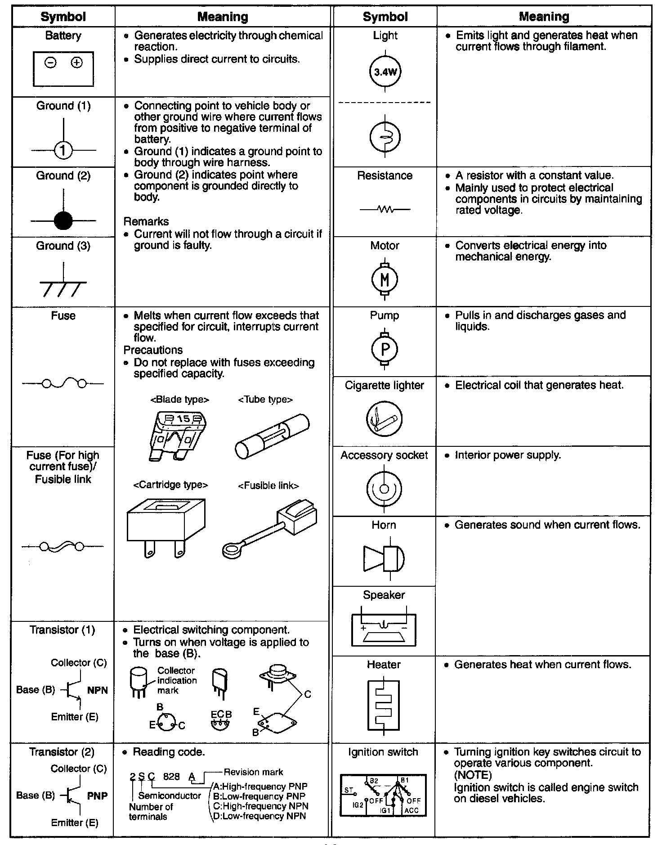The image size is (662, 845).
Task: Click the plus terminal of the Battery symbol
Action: (x=77, y=63)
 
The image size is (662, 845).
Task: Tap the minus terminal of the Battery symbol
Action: (x=50, y=63)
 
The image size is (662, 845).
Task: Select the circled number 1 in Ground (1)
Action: (x=63, y=150)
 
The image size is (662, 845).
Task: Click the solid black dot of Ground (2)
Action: (x=63, y=220)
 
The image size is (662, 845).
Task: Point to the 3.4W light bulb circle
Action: (x=385, y=72)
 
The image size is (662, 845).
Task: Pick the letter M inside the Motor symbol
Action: (x=385, y=280)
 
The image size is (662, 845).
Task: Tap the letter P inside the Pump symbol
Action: (x=385, y=350)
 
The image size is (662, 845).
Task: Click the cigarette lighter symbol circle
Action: (x=384, y=419)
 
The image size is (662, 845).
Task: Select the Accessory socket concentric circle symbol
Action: (x=384, y=489)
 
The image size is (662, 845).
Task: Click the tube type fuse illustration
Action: (x=272, y=436)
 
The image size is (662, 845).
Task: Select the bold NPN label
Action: (x=98, y=690)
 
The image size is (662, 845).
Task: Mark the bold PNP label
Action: (x=98, y=796)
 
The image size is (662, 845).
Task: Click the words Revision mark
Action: (x=253, y=772)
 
